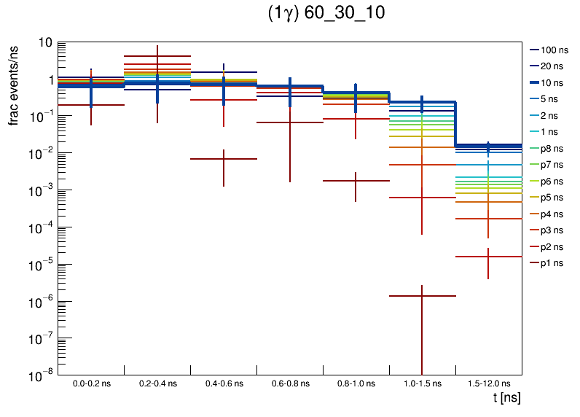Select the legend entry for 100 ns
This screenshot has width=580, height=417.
click(x=554, y=50)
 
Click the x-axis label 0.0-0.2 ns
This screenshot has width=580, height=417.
click(x=91, y=383)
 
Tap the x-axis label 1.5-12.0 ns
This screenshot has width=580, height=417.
click(x=488, y=383)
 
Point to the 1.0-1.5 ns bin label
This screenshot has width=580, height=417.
click(x=422, y=383)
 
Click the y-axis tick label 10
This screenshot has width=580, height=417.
click(x=45, y=42)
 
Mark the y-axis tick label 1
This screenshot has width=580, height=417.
click(x=48, y=79)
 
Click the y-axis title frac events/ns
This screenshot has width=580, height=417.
click(x=15, y=84)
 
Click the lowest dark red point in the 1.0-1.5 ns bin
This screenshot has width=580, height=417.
click(x=422, y=296)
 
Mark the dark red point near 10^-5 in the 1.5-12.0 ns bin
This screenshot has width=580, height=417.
click(x=488, y=257)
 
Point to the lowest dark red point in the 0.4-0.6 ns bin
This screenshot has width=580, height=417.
click(x=223, y=159)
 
